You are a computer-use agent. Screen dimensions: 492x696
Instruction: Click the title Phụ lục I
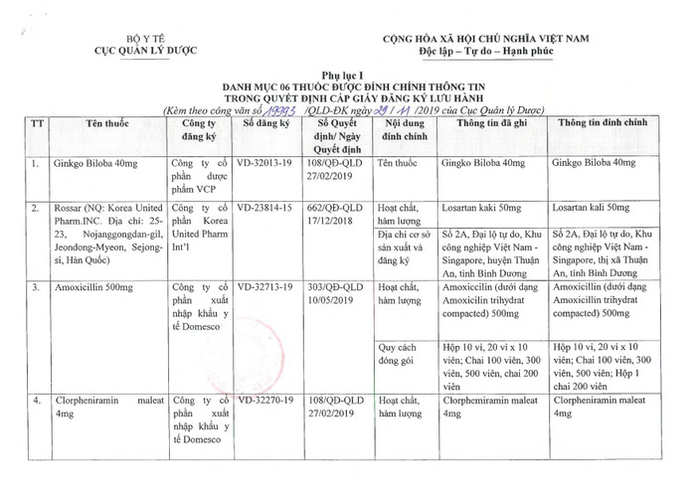tap(347, 75)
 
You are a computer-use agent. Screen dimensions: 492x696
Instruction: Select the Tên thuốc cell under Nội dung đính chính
tap(399, 161)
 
